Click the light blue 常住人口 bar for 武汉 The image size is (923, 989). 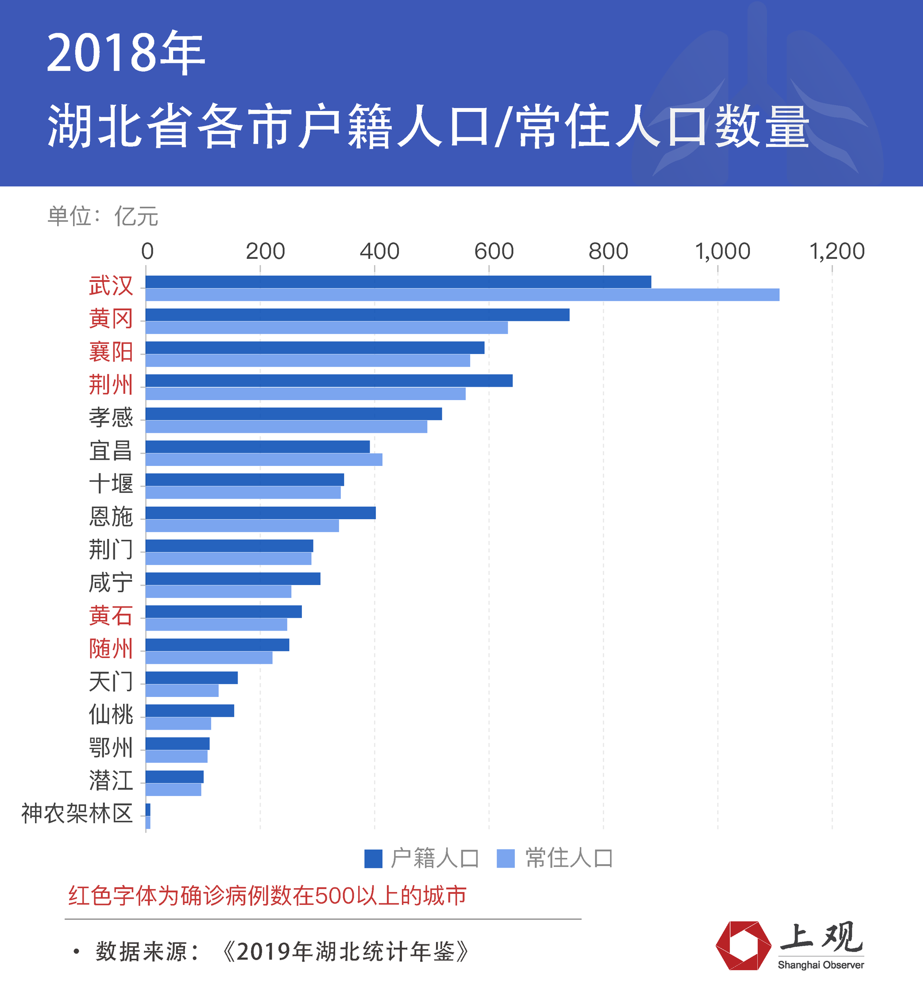click(x=462, y=295)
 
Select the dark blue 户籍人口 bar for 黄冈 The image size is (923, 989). click(x=358, y=315)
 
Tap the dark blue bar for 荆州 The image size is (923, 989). click(x=328, y=381)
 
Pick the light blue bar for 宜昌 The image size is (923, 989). click(x=264, y=460)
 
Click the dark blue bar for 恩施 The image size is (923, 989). click(x=261, y=513)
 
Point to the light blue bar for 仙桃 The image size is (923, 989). click(x=178, y=724)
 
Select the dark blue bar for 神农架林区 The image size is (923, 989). click(x=148, y=809)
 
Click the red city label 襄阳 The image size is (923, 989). click(x=111, y=352)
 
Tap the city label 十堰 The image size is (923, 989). click(x=111, y=484)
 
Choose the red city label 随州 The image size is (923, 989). click(x=111, y=649)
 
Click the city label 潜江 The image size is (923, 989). click(x=111, y=780)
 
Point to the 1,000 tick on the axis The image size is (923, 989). click(x=723, y=251)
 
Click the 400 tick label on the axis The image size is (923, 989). click(x=379, y=251)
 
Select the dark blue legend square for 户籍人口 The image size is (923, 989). click(x=374, y=859)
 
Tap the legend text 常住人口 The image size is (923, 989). click(x=569, y=859)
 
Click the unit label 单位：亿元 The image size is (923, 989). click(x=102, y=217)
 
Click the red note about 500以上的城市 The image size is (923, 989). click(x=267, y=896)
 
